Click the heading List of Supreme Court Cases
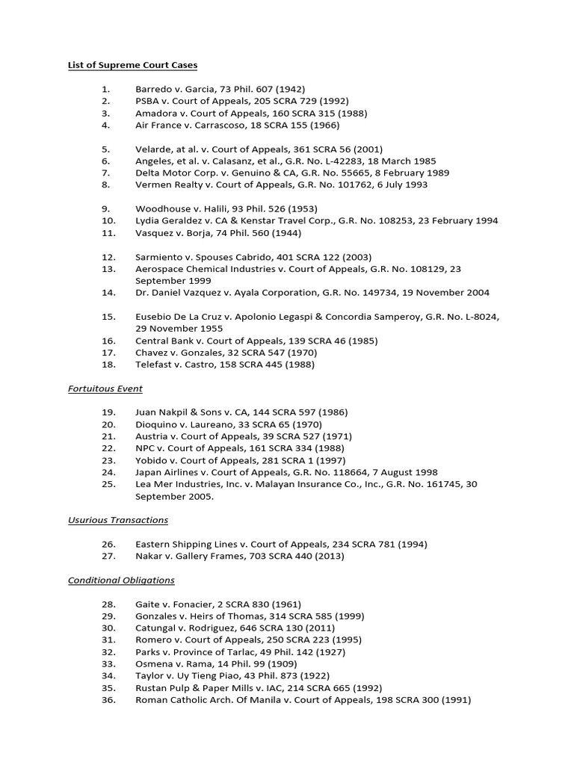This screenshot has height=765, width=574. point(132,65)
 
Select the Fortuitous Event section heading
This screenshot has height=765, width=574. point(105,388)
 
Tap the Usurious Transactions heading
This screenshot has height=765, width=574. point(117,520)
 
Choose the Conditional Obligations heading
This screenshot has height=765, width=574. point(121,580)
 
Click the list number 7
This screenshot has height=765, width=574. point(106,173)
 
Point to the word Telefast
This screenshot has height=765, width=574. point(154,364)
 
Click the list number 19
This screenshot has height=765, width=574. point(108,412)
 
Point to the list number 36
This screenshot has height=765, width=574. point(108,699)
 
